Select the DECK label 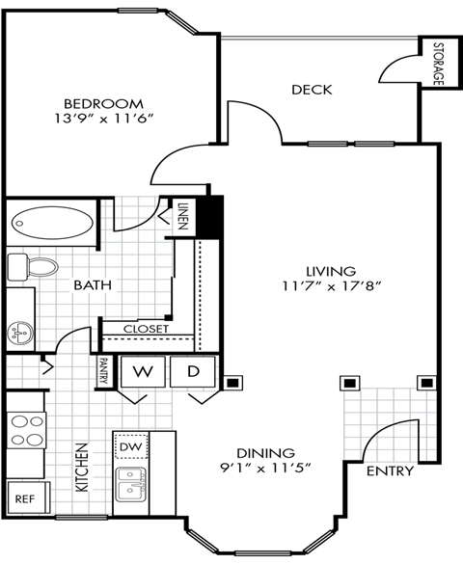click(x=311, y=91)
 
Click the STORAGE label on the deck click(x=437, y=64)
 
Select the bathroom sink click(x=18, y=334)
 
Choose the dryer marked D click(x=193, y=371)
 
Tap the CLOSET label click(x=146, y=329)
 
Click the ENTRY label click(x=390, y=471)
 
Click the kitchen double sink click(x=130, y=484)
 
